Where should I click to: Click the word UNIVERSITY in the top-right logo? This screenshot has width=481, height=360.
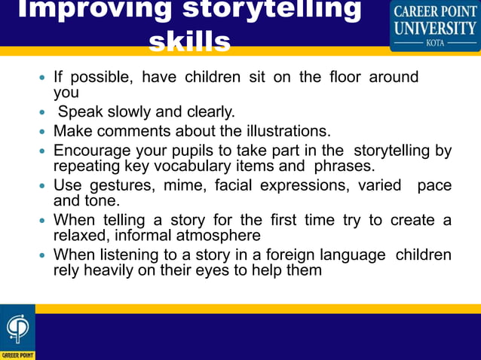click(x=435, y=27)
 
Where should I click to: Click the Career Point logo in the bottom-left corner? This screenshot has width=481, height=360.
click(x=17, y=332)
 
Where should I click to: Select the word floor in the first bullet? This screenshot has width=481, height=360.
click(x=342, y=78)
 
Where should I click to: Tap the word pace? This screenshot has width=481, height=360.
click(x=434, y=185)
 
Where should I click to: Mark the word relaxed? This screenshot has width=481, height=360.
click(x=82, y=235)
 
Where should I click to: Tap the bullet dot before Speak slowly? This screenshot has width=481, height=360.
click(x=43, y=113)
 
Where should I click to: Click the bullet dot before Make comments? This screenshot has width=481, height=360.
click(x=43, y=131)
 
